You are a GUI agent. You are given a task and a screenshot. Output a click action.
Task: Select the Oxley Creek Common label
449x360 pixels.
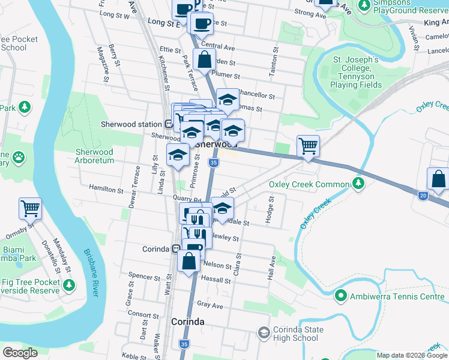coord(309,184)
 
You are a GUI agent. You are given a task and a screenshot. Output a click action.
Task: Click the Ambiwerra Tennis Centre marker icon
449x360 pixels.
coord(340,296)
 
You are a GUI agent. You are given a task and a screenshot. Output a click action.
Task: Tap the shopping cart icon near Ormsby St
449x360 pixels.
coord(30,208)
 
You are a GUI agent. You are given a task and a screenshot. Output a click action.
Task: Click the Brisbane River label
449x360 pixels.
coord(91,273)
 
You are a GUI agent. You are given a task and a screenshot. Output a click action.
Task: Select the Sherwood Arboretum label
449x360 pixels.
coord(94,156)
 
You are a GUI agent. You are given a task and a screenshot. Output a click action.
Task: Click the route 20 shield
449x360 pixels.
coord(423,196)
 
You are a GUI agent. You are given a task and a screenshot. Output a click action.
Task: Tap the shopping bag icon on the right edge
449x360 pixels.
coord(438,179)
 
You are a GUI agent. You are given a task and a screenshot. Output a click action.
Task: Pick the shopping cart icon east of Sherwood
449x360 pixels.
coord(308,145)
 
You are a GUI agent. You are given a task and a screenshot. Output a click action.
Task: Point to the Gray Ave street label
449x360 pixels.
coord(210,305)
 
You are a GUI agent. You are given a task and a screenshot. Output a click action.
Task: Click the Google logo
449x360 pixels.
coord(20,353)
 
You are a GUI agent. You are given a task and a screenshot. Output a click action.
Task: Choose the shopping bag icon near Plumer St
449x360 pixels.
coord(204,59)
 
